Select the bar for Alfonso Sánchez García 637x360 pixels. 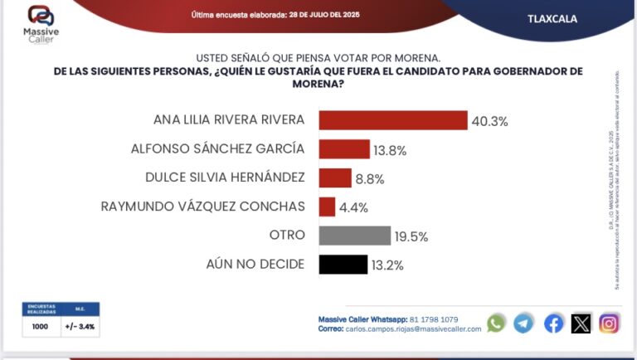coord(343,149)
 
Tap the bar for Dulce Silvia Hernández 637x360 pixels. coord(335,178)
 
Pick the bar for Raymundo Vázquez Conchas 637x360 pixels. coord(327,207)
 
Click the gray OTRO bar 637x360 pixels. coord(354,236)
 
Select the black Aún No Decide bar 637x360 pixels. coord(343,265)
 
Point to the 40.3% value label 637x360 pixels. coord(489,121)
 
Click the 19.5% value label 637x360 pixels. coord(411,236)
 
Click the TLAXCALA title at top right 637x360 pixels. coord(552,18)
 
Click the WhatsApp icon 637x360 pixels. coord(496,323)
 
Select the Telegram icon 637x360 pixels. coord(523,323)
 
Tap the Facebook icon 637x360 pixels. coord(553,323)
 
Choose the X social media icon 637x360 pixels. coord(581,323)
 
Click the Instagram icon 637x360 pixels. coord(610,323)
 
